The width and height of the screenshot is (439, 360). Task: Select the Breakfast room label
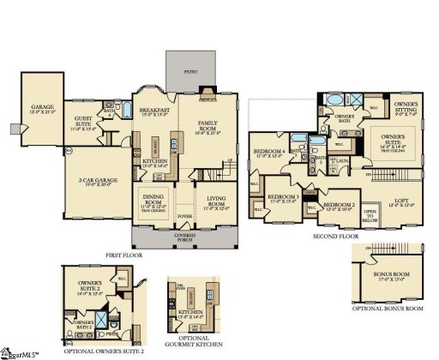[154, 113]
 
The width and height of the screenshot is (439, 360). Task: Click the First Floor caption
[126, 255]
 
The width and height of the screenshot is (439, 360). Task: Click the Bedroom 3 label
[284, 198]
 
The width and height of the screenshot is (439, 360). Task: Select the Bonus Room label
[387, 276]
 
